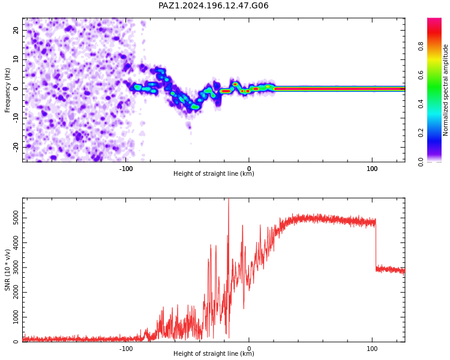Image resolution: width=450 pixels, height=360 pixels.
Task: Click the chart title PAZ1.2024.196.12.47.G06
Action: tap(214, 5)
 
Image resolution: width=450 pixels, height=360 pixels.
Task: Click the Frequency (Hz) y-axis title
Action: tap(7, 90)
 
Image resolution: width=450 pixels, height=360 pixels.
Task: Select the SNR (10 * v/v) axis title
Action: tap(7, 270)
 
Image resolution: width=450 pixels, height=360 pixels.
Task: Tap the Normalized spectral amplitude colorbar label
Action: tap(445, 90)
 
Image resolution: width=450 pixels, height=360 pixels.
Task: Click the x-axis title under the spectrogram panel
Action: tap(214, 173)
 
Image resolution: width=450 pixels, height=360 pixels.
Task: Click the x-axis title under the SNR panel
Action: tap(214, 353)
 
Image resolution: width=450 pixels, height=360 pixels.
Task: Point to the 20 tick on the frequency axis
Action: tap(16, 30)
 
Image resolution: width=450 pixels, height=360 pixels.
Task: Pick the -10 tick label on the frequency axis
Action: tap(16, 118)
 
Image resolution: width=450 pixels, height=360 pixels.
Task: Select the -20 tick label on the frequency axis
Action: tap(16, 147)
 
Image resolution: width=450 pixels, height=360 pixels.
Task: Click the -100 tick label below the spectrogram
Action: tap(126, 169)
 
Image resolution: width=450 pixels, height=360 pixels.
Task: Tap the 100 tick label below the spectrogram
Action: tap(372, 169)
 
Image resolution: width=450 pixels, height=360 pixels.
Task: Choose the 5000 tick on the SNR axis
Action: tap(16, 218)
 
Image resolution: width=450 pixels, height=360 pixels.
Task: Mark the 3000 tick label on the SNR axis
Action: tap(16, 268)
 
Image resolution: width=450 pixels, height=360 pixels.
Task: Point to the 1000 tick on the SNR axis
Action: tap(16, 317)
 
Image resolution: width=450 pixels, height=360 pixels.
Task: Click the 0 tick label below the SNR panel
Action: tap(249, 349)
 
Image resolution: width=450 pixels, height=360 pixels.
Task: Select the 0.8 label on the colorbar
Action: tap(421, 46)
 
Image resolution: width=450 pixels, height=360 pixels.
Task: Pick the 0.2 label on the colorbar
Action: tap(421, 133)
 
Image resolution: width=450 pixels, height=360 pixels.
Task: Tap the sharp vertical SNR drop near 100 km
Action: tap(376, 244)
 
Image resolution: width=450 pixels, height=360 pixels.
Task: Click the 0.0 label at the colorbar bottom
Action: tap(421, 162)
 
